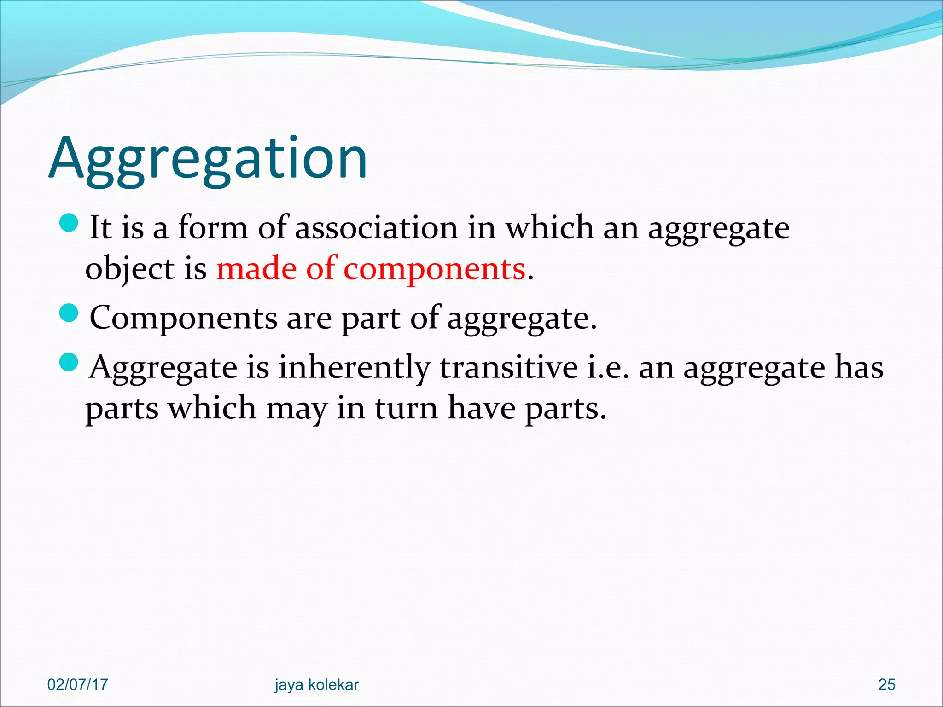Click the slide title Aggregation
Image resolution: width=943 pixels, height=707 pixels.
[208, 159]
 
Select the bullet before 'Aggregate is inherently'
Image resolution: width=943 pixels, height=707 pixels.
[70, 362]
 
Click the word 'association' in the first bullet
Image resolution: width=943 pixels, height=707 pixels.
[376, 227]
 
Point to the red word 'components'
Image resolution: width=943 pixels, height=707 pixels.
[434, 269]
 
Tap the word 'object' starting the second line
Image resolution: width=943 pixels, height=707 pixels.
[129, 269]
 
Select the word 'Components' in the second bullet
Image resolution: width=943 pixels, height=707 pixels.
[183, 319]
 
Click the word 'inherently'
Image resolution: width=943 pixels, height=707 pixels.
[354, 368]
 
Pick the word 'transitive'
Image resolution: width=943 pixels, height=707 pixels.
[508, 368]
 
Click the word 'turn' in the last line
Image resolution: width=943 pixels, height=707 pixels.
[406, 408]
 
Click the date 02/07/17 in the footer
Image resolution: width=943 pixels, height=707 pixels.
[77, 684]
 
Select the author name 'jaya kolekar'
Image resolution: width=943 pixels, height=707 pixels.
[316, 685]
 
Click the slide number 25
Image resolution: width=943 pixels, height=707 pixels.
[886, 684]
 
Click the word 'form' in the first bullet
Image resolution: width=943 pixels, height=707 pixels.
[213, 227]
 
